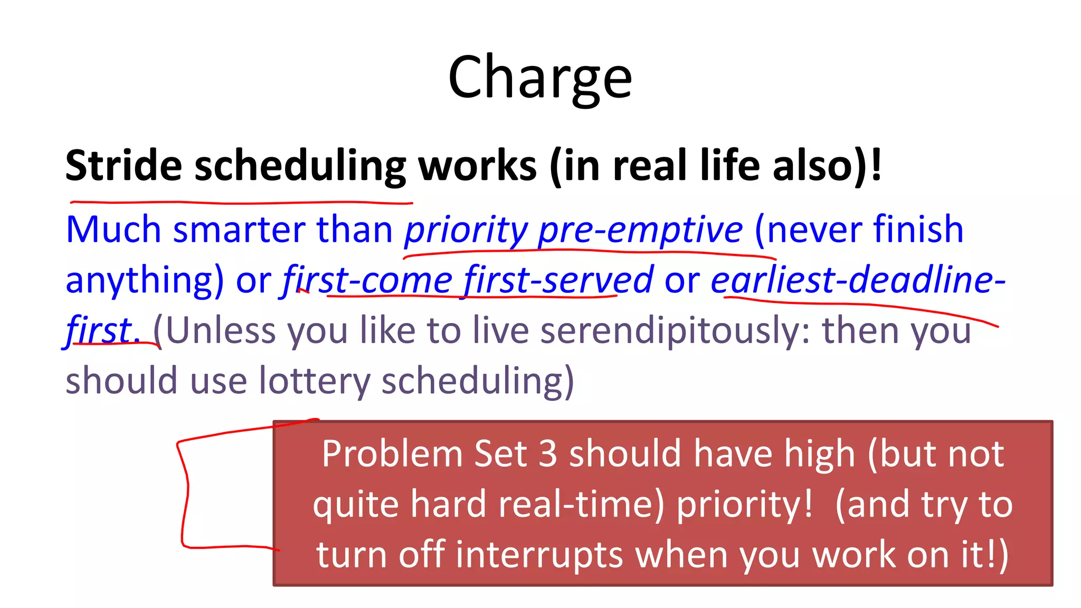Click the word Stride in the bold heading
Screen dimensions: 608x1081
(124, 166)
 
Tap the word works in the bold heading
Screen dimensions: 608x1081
(477, 166)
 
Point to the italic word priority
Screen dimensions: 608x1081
(466, 231)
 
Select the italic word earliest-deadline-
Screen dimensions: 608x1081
(858, 280)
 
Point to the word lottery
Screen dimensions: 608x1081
(315, 381)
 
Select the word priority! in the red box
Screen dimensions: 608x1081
(745, 504)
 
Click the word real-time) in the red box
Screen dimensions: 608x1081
(581, 504)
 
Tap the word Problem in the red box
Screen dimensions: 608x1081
(392, 454)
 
